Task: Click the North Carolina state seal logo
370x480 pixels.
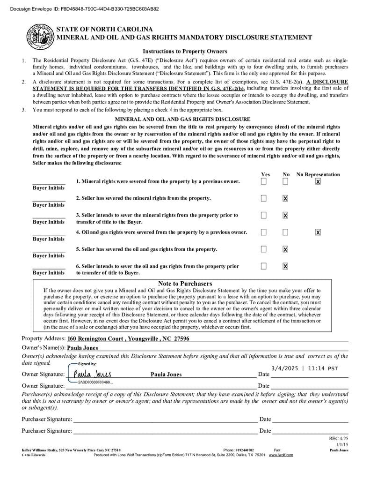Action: click(x=39, y=36)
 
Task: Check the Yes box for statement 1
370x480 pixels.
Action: click(x=264, y=181)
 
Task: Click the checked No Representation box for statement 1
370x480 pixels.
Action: click(x=318, y=181)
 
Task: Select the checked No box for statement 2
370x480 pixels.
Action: click(x=285, y=198)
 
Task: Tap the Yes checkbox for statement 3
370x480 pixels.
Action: click(x=264, y=215)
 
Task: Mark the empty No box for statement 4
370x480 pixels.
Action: click(x=285, y=232)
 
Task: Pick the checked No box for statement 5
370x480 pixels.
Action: click(x=285, y=249)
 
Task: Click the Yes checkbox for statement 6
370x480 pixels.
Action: click(x=264, y=266)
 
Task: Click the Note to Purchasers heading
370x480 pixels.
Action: click(x=185, y=284)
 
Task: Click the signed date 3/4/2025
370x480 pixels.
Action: click(x=286, y=368)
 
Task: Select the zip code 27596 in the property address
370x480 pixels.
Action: click(x=181, y=338)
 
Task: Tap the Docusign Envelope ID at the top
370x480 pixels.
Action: click(x=84, y=8)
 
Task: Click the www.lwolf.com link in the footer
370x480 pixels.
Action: click(x=281, y=455)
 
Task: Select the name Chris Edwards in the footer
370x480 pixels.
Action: click(x=34, y=455)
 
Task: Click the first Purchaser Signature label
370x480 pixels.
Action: click(x=47, y=419)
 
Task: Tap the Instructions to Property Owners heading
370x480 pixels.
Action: click(x=185, y=52)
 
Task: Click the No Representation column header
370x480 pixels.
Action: click(x=318, y=174)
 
